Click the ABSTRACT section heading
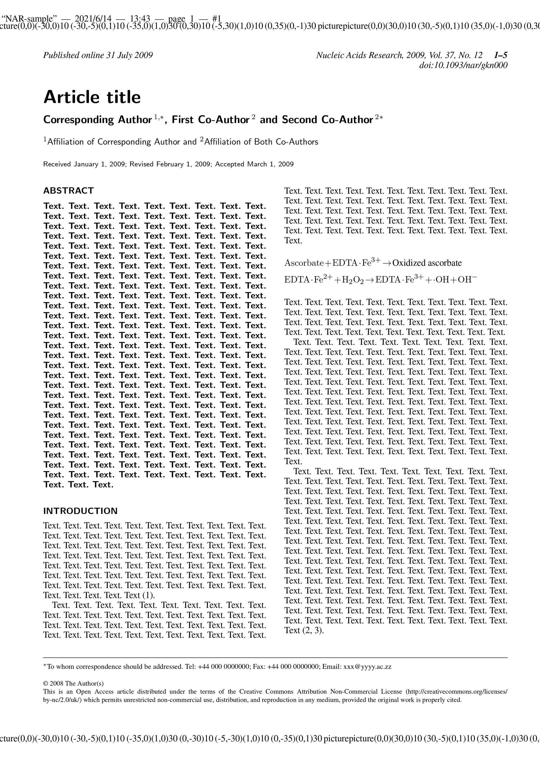click(x=68, y=191)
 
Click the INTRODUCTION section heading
click(x=81, y=511)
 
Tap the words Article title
click(x=92, y=97)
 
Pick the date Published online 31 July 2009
click(x=98, y=55)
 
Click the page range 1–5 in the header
click(x=500, y=55)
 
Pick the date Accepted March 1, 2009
click(x=254, y=164)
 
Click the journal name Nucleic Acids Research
click(x=359, y=55)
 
